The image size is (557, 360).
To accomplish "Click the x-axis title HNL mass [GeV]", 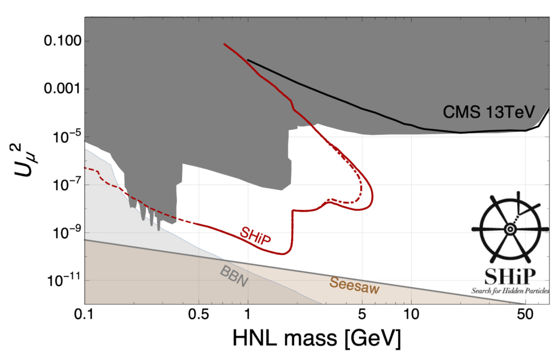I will click(x=317, y=340).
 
